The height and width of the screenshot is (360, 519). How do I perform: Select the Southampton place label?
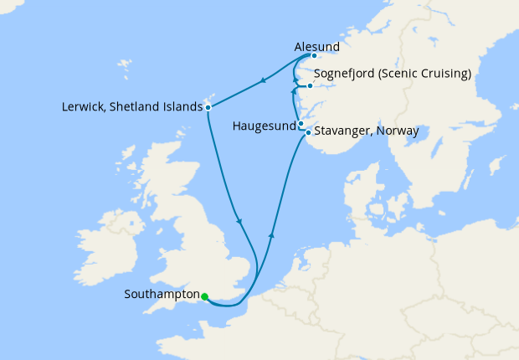coord(161,295)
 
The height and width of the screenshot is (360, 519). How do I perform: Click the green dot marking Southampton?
coord(204,296)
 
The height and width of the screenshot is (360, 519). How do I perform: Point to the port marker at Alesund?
coord(314,57)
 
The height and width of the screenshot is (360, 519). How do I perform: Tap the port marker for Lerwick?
coord(208,107)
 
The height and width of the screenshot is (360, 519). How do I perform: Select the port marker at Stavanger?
coord(308,132)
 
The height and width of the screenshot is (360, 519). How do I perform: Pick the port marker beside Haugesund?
coord(301,124)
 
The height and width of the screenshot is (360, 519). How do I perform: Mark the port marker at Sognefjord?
coord(310,85)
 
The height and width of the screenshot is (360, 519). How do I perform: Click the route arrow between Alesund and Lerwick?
coord(264,81)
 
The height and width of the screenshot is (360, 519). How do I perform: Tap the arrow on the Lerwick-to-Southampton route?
coord(240,221)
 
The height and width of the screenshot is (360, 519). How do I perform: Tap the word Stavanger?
coord(344,131)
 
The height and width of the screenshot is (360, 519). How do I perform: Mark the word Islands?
coord(183,107)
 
